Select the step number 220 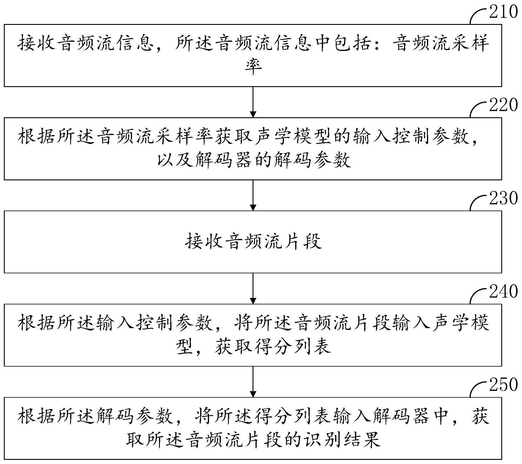click(503, 105)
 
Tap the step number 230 click(503, 198)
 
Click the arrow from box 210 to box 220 click(253, 102)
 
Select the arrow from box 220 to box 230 click(253, 195)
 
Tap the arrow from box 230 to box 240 click(253, 288)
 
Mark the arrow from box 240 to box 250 click(253, 382)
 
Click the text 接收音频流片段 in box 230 click(253, 242)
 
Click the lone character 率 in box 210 click(253, 67)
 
